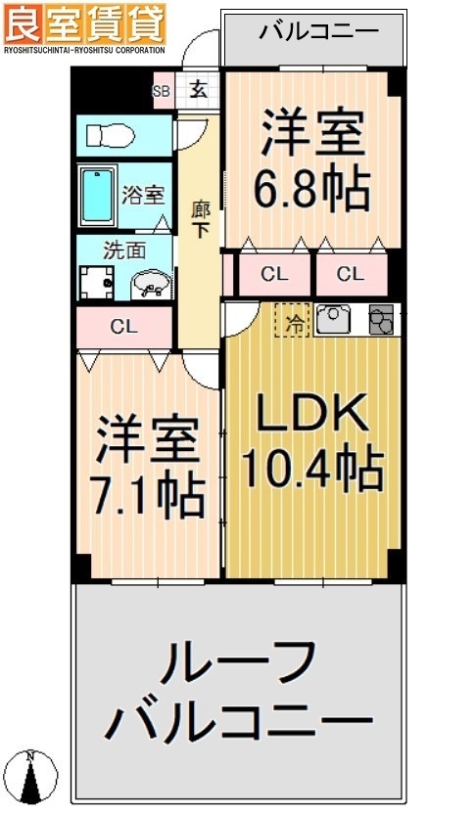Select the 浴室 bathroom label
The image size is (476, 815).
tap(143, 195)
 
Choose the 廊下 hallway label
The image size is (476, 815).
tap(201, 219)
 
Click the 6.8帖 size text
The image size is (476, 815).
tap(312, 189)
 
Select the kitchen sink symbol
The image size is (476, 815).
tap(333, 318)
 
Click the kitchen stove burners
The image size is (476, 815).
tap(380, 319)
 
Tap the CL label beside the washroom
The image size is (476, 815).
tap(123, 328)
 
